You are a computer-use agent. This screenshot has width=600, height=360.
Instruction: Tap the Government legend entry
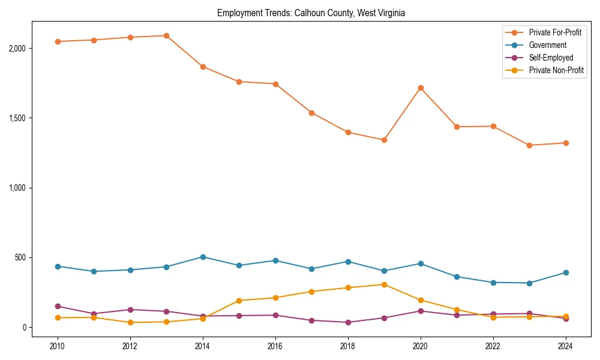pos(547,45)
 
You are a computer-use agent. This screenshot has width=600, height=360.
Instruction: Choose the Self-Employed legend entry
pos(551,58)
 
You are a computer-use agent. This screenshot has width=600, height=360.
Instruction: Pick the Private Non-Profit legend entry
pos(556,70)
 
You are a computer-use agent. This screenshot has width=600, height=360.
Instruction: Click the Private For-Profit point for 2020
pos(421,88)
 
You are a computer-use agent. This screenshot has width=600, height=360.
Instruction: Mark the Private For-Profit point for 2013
pos(166,35)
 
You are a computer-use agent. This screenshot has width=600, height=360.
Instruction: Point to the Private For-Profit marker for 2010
pos(58,41)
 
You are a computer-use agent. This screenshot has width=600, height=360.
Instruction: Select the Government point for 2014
pos(203,257)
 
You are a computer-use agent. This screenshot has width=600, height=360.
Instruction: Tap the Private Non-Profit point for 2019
pos(384,284)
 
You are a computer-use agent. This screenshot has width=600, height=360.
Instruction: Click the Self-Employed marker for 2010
pos(58,306)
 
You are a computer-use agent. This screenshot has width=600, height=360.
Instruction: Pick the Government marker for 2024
pos(566,272)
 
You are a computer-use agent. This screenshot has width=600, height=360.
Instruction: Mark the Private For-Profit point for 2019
pos(384,140)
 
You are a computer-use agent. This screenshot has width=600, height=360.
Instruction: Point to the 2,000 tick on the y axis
pos(20,48)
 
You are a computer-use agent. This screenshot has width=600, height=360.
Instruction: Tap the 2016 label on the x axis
pos(275,346)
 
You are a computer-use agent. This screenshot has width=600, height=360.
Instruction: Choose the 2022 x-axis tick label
pos(493,346)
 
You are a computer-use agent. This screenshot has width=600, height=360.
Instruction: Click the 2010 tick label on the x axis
pos(58,346)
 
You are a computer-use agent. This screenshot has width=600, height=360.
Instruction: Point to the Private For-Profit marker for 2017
pos(311,113)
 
